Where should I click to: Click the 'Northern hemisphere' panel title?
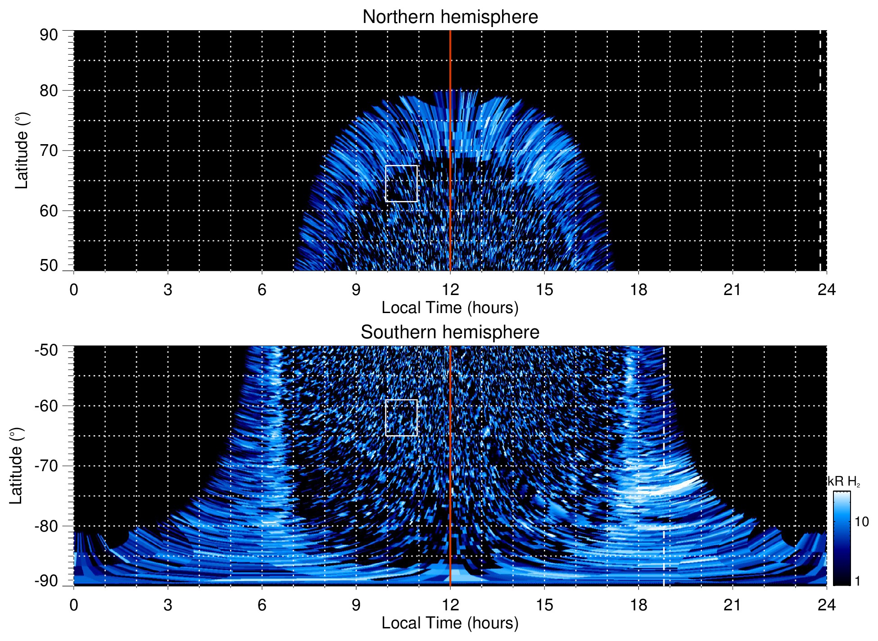pos(450,17)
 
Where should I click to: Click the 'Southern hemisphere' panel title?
pos(450,332)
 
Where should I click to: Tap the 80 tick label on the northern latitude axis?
pos(49,91)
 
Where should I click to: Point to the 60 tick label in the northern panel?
pos(49,211)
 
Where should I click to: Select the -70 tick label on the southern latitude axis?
pos(46,466)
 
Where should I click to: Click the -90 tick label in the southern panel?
pos(46,581)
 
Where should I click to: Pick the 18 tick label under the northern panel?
pos(638,290)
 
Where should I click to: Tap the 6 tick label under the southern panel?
pos(262,605)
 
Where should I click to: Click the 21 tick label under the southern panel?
pos(732,605)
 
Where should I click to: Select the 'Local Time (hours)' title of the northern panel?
pos(450,308)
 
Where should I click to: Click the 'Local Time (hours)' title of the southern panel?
pos(450,623)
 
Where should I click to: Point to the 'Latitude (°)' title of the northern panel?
pos(21,150)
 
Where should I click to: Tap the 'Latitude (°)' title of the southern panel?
pos(16,466)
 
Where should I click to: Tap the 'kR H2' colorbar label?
pos(843,482)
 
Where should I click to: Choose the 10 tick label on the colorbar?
pos(861,522)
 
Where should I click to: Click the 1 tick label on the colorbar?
pos(857,581)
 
